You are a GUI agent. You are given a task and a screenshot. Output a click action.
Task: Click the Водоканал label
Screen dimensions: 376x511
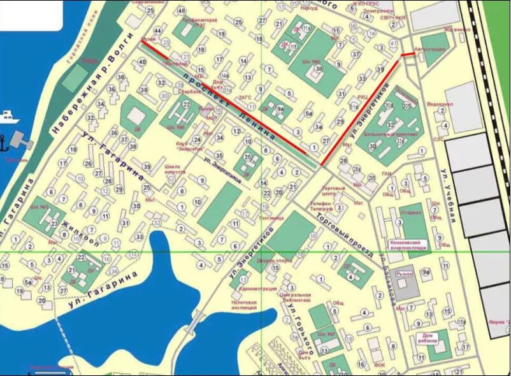(x=440, y=104)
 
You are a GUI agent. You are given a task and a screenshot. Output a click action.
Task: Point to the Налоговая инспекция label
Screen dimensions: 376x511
(x=245, y=304)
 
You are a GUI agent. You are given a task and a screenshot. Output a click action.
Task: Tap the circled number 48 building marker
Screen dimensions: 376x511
(x=182, y=11)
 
